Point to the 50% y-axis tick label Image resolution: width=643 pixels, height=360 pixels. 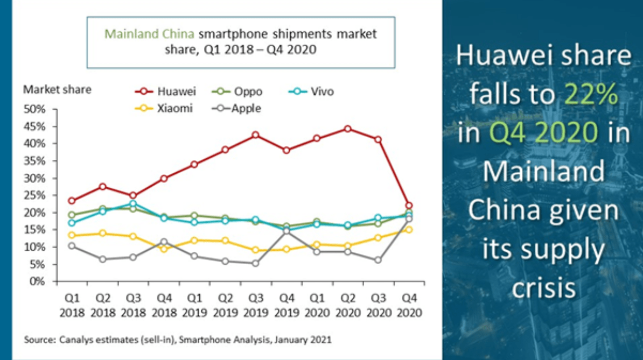[34, 109]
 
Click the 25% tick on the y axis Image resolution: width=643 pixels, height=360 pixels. [34, 195]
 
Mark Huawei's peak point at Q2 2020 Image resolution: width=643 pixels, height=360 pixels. [348, 129]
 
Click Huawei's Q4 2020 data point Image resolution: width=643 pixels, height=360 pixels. [409, 206]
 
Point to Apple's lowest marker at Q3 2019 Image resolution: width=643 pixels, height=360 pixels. [256, 263]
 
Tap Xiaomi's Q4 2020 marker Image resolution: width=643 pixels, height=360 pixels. [409, 230]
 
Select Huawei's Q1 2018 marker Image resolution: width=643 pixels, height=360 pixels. [72, 201]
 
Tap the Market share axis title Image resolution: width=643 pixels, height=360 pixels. [57, 89]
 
